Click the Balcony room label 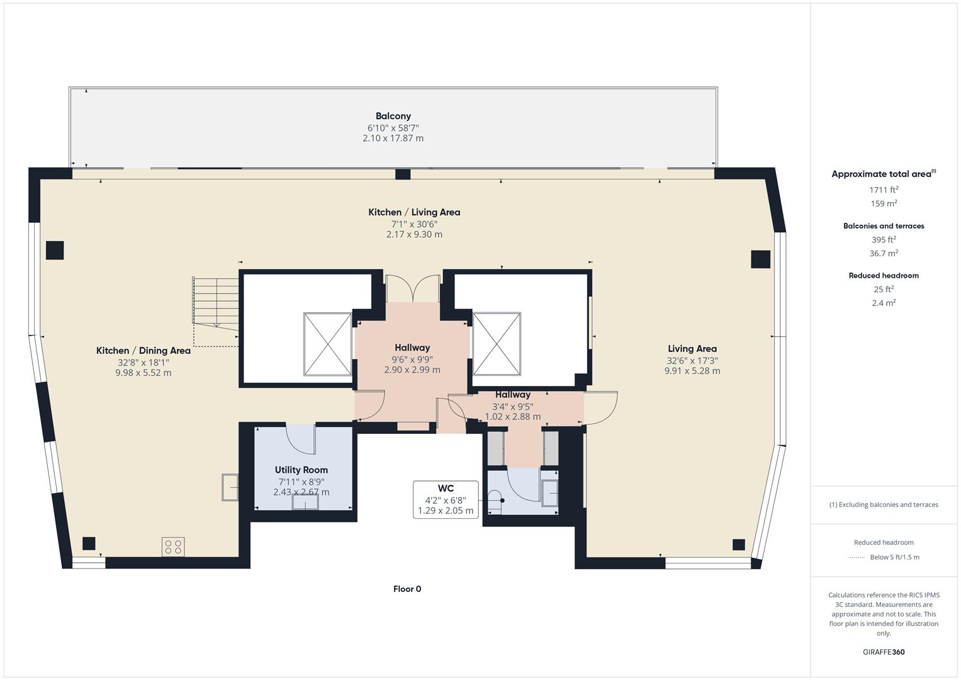(393, 116)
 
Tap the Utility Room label (301, 470)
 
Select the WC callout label (446, 489)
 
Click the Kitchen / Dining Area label (143, 351)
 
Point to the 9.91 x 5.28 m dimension (692, 371)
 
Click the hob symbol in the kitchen (173, 547)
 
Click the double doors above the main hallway (412, 288)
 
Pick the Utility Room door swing (301, 438)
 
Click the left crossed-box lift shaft (327, 344)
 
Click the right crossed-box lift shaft (497, 344)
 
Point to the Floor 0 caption (407, 589)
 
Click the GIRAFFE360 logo (884, 652)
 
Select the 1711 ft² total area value (884, 190)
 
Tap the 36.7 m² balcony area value (884, 253)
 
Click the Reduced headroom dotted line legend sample (857, 557)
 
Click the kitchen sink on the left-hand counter (230, 487)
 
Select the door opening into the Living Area (601, 406)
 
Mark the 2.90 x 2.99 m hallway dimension (412, 370)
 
